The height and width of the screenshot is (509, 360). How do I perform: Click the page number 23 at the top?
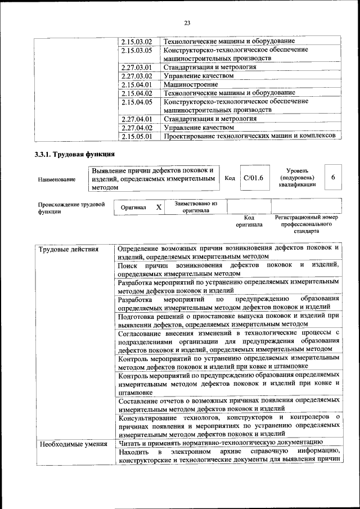click(x=187, y=22)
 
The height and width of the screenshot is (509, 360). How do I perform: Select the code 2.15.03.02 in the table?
click(x=137, y=42)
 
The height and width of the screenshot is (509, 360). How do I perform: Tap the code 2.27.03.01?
click(x=137, y=67)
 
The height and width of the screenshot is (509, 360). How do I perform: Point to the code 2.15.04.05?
click(x=137, y=102)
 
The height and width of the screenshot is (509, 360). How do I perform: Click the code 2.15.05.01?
click(x=137, y=136)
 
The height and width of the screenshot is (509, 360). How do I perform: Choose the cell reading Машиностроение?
click(x=186, y=84)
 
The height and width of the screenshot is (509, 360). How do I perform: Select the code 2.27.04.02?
click(x=137, y=128)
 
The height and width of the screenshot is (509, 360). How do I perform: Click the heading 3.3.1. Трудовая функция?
click(x=75, y=155)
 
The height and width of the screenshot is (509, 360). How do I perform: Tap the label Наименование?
click(x=56, y=179)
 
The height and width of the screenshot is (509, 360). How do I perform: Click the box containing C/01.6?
click(x=254, y=178)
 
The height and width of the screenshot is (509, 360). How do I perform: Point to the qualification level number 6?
click(x=333, y=178)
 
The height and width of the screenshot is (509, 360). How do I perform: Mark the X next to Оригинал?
click(x=159, y=208)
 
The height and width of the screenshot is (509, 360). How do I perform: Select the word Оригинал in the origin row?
click(x=134, y=208)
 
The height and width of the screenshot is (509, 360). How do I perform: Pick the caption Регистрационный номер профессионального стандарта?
click(x=306, y=224)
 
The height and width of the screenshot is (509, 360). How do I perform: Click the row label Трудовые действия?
click(x=64, y=249)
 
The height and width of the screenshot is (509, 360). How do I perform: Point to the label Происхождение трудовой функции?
click(x=71, y=208)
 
